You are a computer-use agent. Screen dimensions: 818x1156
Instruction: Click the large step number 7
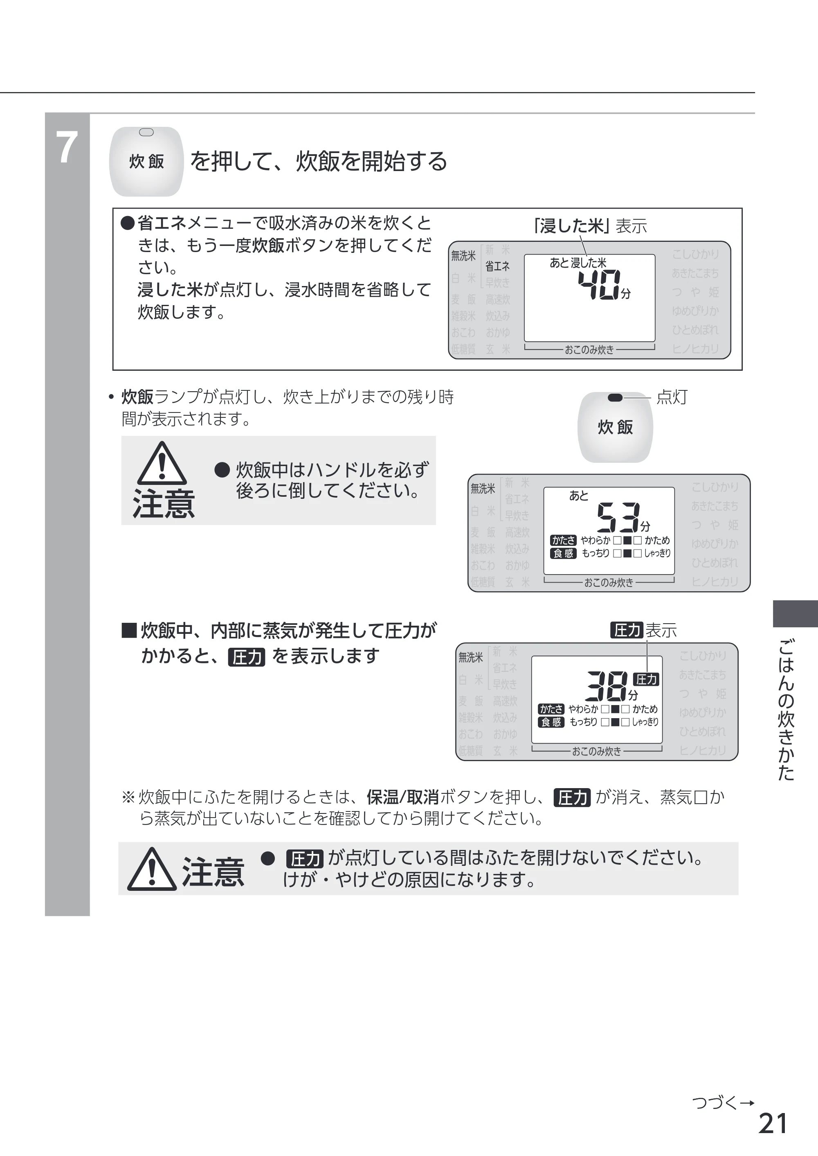(67, 147)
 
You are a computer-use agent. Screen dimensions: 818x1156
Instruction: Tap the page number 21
(773, 1123)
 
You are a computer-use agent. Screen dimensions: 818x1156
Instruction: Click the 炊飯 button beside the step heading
(146, 161)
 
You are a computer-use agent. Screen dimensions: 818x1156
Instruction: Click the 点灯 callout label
(672, 397)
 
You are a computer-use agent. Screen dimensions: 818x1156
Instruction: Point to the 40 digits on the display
(599, 285)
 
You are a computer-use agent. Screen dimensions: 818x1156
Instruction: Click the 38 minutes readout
(607, 686)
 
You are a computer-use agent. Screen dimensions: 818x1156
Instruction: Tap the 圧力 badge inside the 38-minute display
(646, 679)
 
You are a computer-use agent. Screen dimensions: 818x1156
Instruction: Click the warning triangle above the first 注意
(162, 463)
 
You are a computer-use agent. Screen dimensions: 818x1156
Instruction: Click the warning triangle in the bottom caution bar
(152, 869)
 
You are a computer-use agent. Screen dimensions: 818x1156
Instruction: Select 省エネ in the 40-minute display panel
(497, 266)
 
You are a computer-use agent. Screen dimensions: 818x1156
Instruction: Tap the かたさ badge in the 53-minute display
(563, 540)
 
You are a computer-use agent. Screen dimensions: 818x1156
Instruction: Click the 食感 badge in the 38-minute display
(551, 722)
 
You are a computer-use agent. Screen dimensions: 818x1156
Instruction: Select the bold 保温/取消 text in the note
(402, 797)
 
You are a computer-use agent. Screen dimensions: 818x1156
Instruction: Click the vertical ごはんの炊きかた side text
(786, 710)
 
